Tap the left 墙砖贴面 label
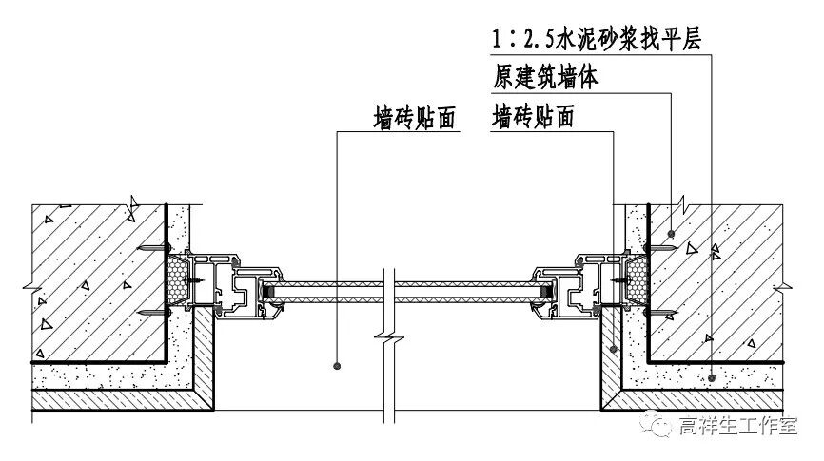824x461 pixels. click(415, 118)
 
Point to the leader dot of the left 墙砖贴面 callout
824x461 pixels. click(337, 364)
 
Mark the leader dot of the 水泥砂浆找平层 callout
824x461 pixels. click(712, 377)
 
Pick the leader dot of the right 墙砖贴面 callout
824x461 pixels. click(614, 349)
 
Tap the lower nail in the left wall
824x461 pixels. click(152, 312)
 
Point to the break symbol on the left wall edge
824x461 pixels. click(30, 283)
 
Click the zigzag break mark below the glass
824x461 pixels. click(384, 336)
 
